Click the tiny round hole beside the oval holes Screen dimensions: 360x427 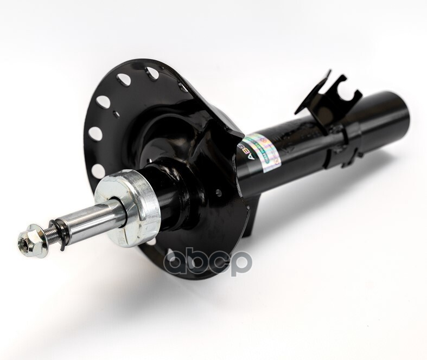(x=116, y=114)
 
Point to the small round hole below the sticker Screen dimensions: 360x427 (x=217, y=191)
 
